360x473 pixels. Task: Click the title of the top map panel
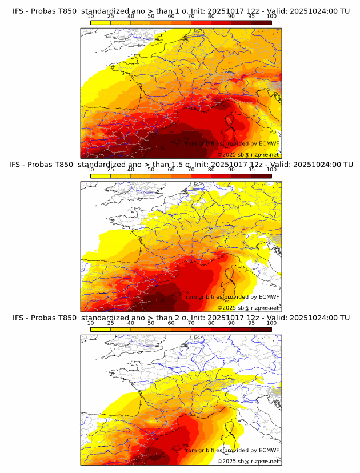click(181, 11)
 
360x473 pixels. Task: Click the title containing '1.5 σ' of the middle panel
click(181, 165)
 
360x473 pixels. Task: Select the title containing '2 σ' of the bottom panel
click(181, 318)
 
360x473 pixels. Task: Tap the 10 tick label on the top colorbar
click(90, 17)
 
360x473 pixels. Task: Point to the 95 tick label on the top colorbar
click(251, 17)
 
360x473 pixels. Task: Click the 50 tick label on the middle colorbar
click(151, 170)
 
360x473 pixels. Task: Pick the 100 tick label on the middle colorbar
click(271, 170)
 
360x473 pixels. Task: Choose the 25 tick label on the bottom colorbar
click(110, 323)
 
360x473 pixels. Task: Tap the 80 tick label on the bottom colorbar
click(211, 323)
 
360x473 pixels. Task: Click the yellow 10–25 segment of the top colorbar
click(101, 22)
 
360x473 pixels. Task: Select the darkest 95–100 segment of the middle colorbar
click(262, 176)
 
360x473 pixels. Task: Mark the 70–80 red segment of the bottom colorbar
click(201, 329)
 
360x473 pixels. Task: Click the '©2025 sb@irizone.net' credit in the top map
click(248, 154)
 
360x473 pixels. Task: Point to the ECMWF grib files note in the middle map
click(231, 296)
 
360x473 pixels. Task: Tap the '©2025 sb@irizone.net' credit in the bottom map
click(248, 461)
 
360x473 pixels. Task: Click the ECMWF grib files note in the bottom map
click(231, 450)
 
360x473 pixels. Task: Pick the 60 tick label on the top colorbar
click(171, 17)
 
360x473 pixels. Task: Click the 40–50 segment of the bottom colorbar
click(141, 329)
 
